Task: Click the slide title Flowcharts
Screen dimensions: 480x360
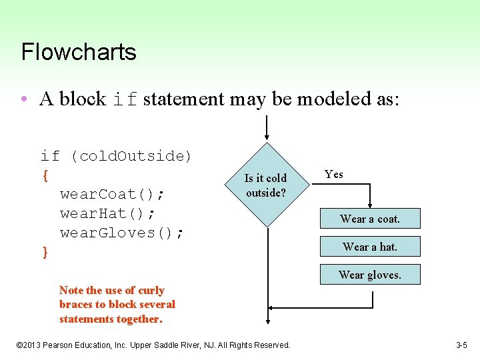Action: tap(79, 52)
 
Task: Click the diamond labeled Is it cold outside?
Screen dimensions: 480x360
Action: tap(266, 185)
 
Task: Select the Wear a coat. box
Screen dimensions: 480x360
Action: tap(370, 219)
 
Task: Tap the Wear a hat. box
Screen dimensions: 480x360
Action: tap(370, 247)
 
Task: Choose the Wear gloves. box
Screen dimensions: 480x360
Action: tap(370, 275)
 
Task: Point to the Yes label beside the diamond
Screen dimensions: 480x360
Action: tap(334, 175)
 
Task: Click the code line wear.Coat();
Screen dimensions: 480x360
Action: tap(113, 194)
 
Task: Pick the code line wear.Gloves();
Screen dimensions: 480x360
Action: tap(122, 233)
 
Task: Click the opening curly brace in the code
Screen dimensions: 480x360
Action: tap(45, 175)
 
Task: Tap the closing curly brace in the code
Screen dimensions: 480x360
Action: tap(45, 252)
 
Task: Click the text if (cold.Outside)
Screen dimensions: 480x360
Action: tap(116, 156)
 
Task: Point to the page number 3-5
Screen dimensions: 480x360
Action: tap(461, 345)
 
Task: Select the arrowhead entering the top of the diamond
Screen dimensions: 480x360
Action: tap(267, 137)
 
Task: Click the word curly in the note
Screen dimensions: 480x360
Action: tap(151, 290)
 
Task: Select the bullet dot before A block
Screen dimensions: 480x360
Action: tap(24, 99)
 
